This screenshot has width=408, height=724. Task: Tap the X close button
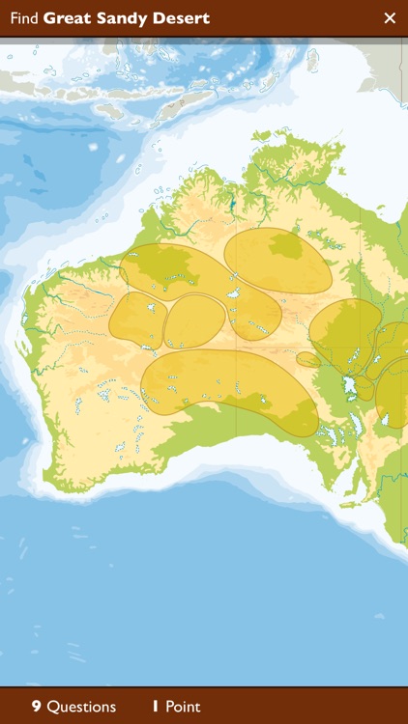tap(390, 17)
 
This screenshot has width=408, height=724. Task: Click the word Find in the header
tap(24, 18)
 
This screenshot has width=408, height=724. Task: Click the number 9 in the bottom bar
tap(36, 707)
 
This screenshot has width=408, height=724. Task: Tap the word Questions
tap(81, 707)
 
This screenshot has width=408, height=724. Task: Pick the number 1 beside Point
tap(156, 707)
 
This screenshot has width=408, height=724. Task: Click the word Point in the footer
tap(183, 707)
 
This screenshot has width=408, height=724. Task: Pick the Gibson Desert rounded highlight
tap(194, 320)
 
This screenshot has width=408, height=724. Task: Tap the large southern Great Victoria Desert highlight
tap(227, 386)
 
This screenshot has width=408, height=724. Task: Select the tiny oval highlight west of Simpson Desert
tap(308, 359)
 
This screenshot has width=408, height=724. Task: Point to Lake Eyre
tap(352, 387)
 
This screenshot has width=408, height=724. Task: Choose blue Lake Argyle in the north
tap(233, 204)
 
